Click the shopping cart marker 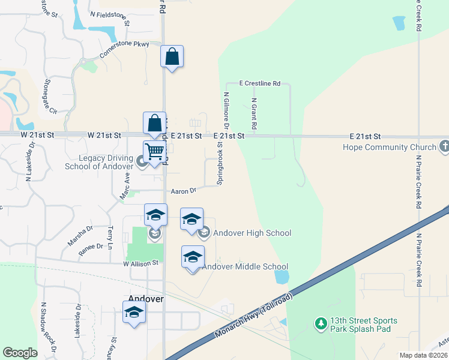click(154, 152)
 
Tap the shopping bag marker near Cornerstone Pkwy click(172, 57)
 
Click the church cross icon click(444, 146)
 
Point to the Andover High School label click(252, 233)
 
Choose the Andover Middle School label click(246, 266)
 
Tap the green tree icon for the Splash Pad click(321, 324)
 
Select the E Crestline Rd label click(260, 83)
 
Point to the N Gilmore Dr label click(226, 110)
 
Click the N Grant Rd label click(254, 115)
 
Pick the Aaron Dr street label click(184, 191)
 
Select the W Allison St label click(140, 263)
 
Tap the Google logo click(20, 353)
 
